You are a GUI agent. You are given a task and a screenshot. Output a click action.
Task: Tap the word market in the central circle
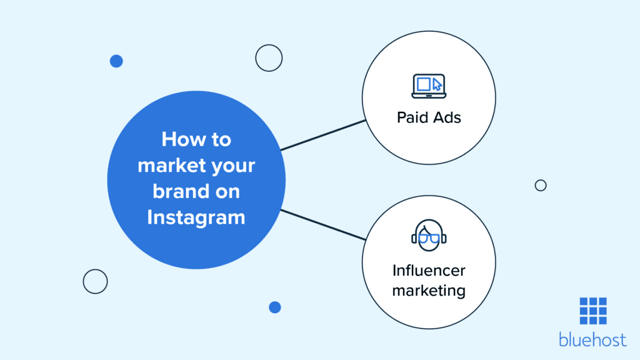click(x=167, y=166)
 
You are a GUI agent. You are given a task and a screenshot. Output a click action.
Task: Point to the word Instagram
click(x=196, y=217)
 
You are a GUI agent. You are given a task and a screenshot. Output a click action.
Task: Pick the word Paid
click(x=413, y=117)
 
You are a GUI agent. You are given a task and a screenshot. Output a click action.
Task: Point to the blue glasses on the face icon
click(x=429, y=237)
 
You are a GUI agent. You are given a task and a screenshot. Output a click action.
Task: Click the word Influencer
click(x=429, y=271)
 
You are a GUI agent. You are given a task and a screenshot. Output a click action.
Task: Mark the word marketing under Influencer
click(x=429, y=290)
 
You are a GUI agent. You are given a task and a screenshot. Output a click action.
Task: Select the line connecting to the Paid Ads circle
click(x=322, y=135)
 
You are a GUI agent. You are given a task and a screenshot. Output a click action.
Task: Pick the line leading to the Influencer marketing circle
click(x=322, y=225)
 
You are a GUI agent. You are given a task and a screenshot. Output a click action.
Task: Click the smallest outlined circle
click(x=541, y=185)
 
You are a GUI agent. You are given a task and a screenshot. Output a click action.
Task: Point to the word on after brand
click(x=226, y=191)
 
